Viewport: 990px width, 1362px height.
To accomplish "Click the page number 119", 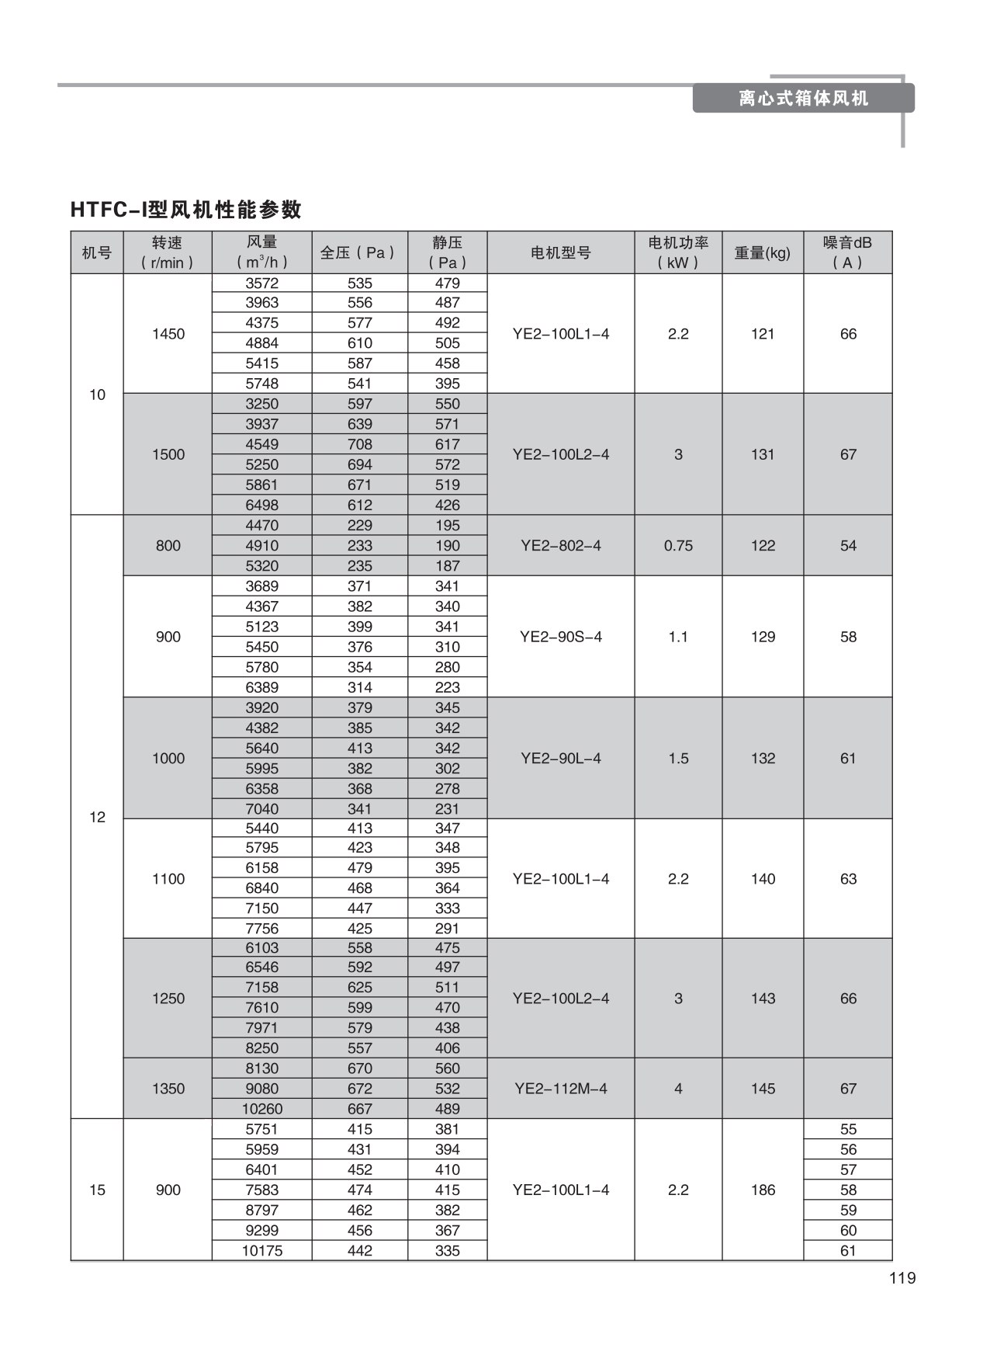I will pos(902,1278).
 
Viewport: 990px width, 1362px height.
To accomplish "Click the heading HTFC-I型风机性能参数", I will pos(185,210).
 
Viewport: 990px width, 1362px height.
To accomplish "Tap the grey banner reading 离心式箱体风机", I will pos(803,99).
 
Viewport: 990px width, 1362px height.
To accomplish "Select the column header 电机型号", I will pos(560,252).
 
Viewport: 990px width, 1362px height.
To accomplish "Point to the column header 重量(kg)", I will pos(762,252).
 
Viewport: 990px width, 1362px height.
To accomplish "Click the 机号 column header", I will pos(97,252).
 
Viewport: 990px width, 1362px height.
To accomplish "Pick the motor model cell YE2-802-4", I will pos(560,546).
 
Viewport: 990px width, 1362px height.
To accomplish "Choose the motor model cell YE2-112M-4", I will pos(560,1089).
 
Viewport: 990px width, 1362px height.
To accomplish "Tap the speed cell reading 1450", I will pos(168,334).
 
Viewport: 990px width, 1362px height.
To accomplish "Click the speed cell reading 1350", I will pos(168,1089).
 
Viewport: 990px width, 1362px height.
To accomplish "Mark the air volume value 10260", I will pos(262,1109).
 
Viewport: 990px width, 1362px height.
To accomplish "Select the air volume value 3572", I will pos(262,283).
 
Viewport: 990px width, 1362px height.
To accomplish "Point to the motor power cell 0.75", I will pos(678,546).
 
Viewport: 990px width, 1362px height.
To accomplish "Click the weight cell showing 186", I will pos(763,1190).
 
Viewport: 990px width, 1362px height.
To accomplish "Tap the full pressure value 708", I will pos(360,444).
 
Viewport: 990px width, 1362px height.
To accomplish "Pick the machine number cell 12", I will pos(97,817).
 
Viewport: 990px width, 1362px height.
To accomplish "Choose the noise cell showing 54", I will pos(848,546).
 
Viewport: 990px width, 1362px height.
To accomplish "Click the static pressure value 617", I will pos(448,444).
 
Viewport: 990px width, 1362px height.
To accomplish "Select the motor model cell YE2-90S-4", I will pos(560,637).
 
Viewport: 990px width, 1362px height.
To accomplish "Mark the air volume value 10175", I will pos(262,1250).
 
